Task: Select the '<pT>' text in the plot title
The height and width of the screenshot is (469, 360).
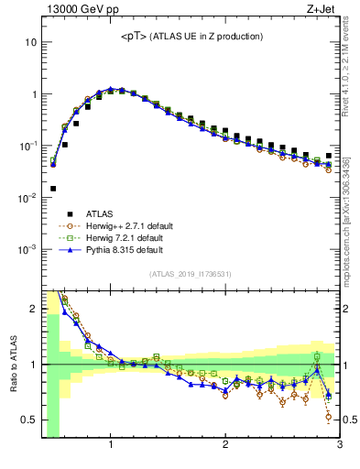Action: tap(136, 37)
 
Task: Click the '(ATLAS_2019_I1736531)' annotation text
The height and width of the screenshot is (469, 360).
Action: tap(190, 274)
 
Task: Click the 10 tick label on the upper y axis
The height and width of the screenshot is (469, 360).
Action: tap(30, 43)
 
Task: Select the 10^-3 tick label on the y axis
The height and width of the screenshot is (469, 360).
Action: tap(27, 249)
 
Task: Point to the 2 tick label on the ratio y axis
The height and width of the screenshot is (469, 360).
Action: tap(33, 309)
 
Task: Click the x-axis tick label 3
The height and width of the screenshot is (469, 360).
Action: tap(339, 446)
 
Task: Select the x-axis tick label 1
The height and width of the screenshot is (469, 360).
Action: tap(111, 446)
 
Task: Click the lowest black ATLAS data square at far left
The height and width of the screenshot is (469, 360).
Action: tap(53, 189)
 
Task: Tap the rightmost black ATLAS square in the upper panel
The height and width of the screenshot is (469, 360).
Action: tap(329, 156)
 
